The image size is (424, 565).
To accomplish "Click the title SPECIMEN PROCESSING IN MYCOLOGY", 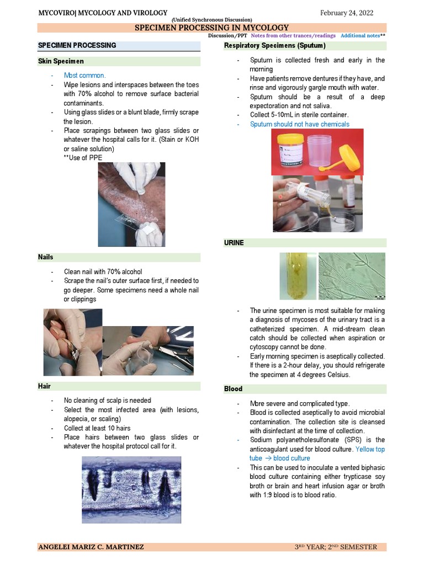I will [x=212, y=28].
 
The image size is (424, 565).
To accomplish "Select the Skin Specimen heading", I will [x=61, y=61].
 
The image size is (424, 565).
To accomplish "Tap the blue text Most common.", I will [x=84, y=76].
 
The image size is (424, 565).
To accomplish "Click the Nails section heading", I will [x=45, y=257].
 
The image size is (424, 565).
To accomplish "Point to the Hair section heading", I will [x=44, y=386].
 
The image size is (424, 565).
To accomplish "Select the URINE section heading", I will [x=234, y=243].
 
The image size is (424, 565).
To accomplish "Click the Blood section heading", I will [x=233, y=389].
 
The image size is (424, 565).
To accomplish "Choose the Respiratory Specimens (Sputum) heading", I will [x=274, y=45].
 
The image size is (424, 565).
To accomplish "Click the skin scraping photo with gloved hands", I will [x=131, y=204].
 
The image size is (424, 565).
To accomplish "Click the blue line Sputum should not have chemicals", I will [x=299, y=124].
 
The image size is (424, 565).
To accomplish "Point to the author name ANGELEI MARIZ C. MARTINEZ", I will [x=91, y=547].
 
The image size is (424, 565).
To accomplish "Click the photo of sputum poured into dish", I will [x=317, y=204].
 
